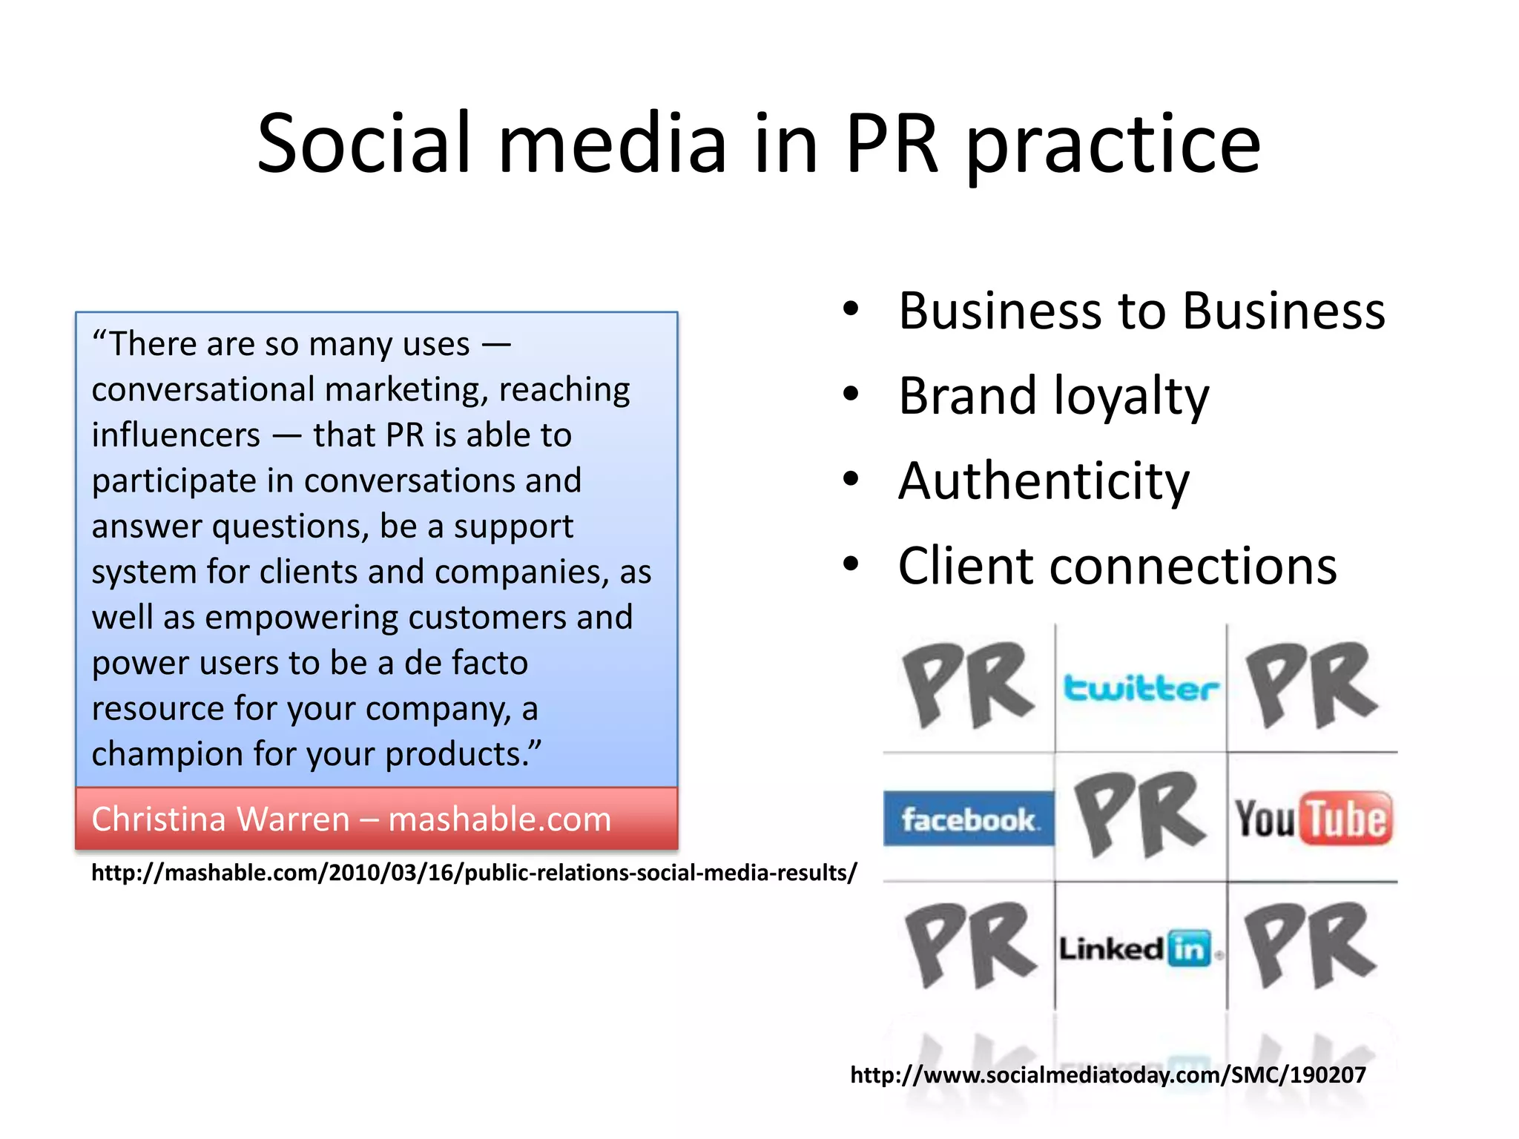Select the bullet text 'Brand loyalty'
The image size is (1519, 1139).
(1053, 396)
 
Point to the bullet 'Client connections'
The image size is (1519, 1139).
(1117, 567)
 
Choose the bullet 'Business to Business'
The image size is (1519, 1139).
(1141, 311)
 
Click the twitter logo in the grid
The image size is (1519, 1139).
(1140, 688)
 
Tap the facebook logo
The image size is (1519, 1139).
(969, 819)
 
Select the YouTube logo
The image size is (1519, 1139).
(1313, 819)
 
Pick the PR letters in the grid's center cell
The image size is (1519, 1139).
(1140, 816)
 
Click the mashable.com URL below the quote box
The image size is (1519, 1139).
(474, 873)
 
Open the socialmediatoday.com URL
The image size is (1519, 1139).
(1107, 1074)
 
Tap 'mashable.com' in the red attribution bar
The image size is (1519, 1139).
(499, 819)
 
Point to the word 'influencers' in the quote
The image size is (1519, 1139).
(176, 435)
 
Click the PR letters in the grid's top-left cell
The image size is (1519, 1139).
(968, 686)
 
